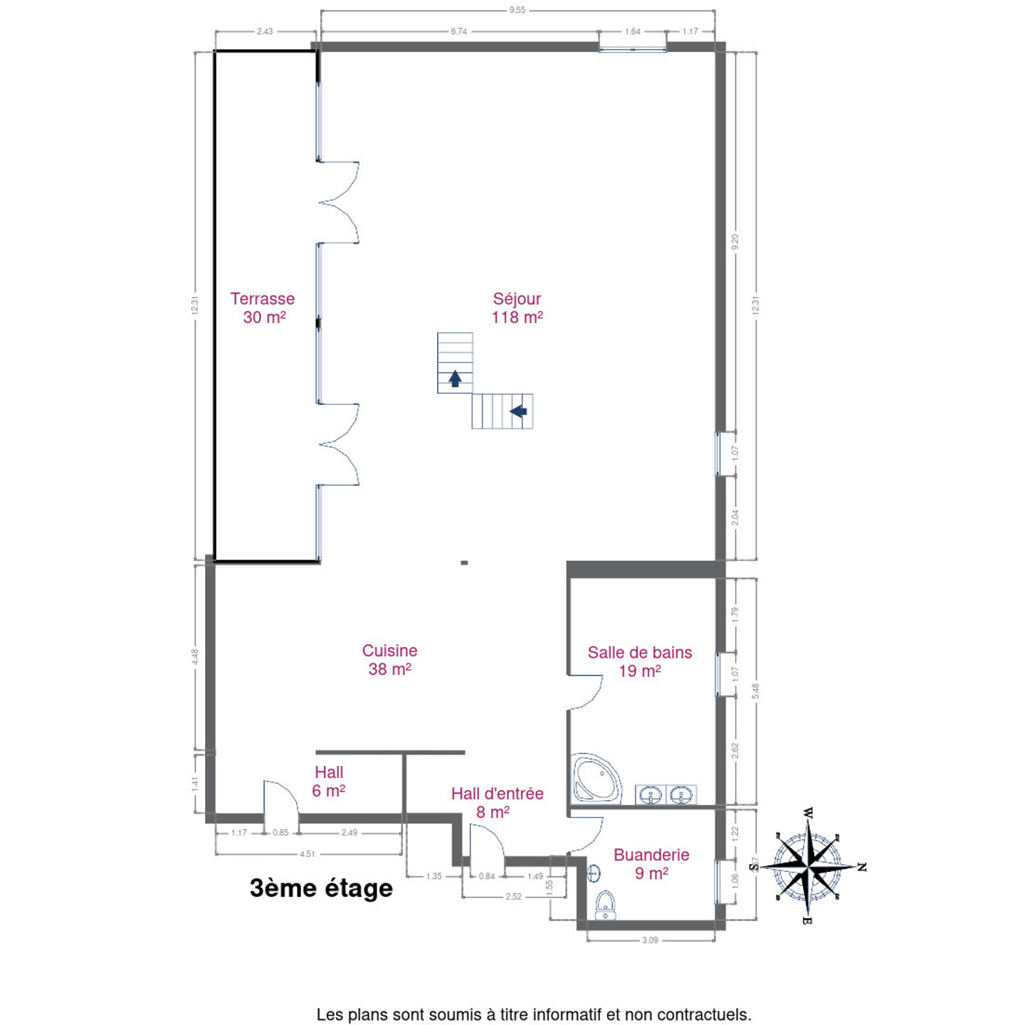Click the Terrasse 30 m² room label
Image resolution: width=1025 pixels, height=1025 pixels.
[x=262, y=308]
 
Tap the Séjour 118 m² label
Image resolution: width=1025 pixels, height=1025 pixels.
[x=517, y=308]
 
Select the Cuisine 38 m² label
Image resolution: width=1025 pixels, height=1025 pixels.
[x=390, y=660]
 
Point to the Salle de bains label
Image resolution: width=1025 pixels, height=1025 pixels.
[x=640, y=653]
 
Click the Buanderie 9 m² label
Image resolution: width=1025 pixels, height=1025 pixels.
[x=651, y=863]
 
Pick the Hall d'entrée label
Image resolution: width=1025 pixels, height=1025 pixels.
[x=498, y=794]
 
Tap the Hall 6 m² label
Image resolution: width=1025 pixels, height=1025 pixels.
[x=329, y=782]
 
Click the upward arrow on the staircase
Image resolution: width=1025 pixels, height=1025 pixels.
[x=455, y=378]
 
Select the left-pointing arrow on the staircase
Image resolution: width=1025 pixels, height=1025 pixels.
[x=519, y=411]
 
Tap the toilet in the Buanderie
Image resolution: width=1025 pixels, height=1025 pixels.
[x=605, y=905]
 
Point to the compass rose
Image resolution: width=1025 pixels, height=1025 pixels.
[x=809, y=867]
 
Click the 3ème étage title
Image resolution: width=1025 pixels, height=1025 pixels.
[x=321, y=888]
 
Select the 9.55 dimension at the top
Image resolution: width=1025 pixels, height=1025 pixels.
[x=517, y=9]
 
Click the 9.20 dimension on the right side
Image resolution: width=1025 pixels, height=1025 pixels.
[x=735, y=242]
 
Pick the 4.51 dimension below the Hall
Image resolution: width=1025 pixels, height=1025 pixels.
[x=307, y=854]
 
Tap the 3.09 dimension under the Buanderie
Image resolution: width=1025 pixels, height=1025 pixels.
[x=650, y=940]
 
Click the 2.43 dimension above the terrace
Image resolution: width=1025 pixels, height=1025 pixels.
[x=265, y=31]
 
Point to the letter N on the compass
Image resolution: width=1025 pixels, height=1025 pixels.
[x=862, y=868]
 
